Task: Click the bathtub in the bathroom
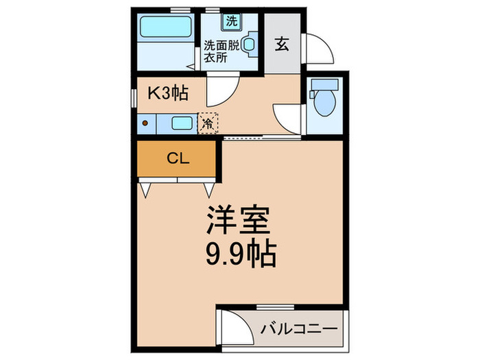click(164, 29)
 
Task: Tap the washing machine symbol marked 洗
click(231, 21)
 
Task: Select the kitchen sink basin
click(182, 124)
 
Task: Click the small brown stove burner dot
click(145, 124)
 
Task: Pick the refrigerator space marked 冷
click(208, 123)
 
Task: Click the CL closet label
click(177, 159)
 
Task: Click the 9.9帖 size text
click(240, 255)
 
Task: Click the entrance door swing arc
click(317, 49)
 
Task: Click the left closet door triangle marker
click(147, 188)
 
